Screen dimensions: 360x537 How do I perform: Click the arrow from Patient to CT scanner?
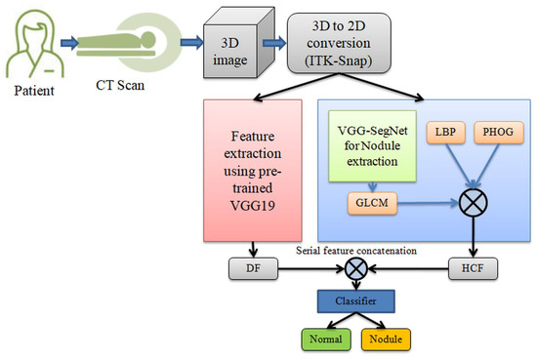click(x=76, y=43)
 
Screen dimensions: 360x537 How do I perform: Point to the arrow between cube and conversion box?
click(x=277, y=44)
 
